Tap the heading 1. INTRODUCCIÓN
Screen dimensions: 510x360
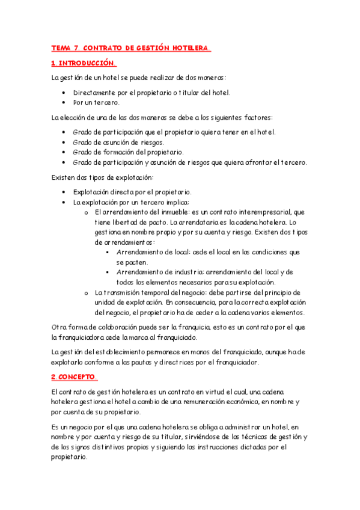pos(82,63)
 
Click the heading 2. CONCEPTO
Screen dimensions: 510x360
pos(73,377)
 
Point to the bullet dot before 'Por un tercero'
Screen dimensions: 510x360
pos(64,102)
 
